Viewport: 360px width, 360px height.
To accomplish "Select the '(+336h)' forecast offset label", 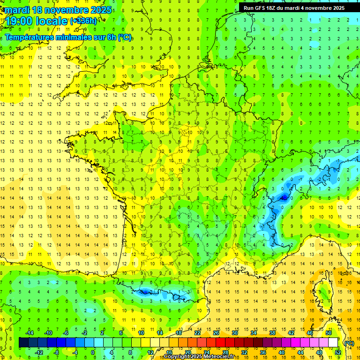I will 83,21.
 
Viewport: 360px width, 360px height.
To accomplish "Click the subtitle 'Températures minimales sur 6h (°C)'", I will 68,37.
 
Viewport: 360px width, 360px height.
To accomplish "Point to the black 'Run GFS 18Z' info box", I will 294,8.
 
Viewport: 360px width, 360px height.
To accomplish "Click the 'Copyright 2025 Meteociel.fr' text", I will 199,357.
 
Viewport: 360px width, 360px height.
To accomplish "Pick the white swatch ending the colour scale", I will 333,343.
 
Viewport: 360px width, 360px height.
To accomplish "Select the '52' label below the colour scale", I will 337,352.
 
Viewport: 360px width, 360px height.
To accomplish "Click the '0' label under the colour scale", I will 93,352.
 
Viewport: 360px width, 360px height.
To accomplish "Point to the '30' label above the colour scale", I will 234,333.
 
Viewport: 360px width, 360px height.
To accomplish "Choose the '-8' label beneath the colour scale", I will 56,352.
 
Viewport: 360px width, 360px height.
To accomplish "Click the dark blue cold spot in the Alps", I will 284,198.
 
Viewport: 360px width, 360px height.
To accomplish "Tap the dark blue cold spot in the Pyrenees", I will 144,292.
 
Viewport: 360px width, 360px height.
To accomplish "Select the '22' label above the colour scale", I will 197,333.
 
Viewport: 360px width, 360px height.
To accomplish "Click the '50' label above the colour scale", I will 328,333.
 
